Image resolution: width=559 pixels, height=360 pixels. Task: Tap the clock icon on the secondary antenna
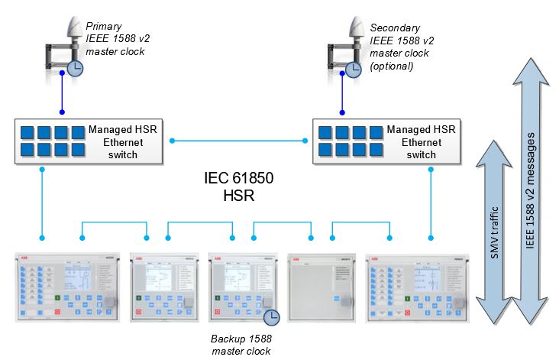click(x=353, y=70)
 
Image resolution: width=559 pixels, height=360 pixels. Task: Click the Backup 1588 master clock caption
click(x=241, y=343)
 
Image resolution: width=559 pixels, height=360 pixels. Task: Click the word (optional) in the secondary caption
click(x=391, y=66)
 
